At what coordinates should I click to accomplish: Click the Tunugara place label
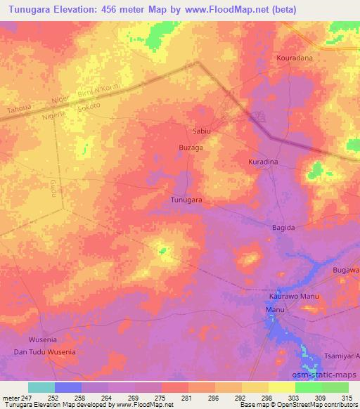tap(186, 200)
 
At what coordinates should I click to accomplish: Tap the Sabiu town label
tap(202, 131)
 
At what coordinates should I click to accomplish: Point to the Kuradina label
tap(263, 162)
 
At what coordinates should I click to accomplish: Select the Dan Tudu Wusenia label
tap(44, 351)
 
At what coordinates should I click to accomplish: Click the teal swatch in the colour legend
tap(41, 387)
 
